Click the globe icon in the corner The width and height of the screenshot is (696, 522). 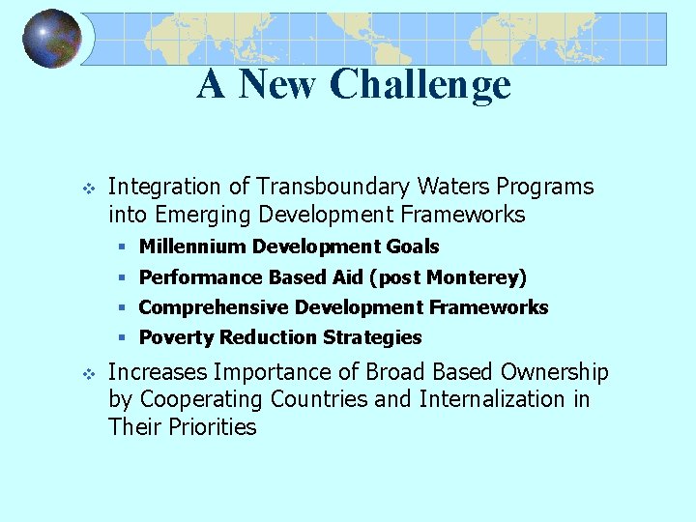[x=52, y=40]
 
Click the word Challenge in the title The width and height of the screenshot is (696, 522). [x=420, y=84]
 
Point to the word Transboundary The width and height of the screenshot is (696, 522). [x=318, y=187]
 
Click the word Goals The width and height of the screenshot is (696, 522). [x=413, y=247]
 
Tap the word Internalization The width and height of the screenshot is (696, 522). [x=494, y=399]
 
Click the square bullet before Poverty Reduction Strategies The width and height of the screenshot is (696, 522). [x=123, y=337]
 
